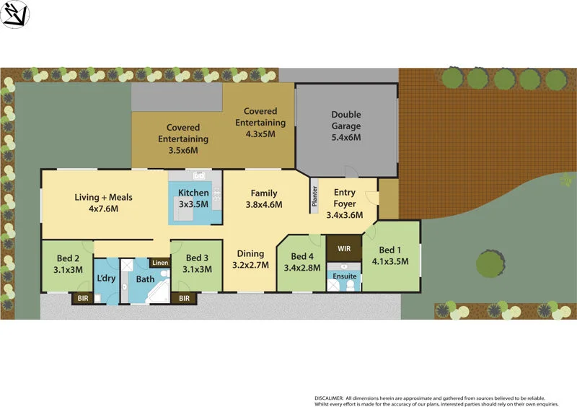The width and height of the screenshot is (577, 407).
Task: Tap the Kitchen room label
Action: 193,193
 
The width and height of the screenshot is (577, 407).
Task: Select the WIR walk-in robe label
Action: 343,249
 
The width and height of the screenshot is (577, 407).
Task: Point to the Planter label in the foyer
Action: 314,197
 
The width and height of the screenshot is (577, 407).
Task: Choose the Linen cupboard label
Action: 160,263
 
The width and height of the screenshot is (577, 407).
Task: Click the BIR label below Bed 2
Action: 82,297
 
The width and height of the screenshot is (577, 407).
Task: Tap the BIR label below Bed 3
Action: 184,297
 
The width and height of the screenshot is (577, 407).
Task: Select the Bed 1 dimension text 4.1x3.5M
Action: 389,262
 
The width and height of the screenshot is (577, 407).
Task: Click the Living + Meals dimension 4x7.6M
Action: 103,209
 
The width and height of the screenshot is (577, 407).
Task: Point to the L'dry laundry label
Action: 106,279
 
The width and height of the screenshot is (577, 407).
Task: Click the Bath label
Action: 146,279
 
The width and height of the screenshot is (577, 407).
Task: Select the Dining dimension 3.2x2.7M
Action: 250,265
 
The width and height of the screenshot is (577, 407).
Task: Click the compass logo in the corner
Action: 15,14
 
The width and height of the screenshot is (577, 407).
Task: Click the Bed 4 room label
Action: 303,256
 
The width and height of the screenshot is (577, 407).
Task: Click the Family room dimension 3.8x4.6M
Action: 265,204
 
